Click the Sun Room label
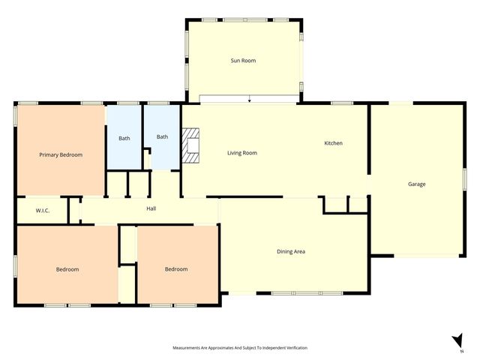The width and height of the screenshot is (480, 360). [243, 60]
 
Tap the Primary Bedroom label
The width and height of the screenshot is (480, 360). [61, 154]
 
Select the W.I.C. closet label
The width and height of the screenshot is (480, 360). [43, 211]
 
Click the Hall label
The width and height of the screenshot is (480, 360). [151, 208]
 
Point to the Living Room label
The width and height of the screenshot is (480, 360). [242, 152]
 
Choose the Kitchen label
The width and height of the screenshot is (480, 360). [333, 143]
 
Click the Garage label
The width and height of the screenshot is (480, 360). [417, 184]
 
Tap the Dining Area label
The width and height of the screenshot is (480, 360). [291, 251]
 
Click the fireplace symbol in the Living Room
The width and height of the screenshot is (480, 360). [193, 145]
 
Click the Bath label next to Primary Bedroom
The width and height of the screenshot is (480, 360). [124, 138]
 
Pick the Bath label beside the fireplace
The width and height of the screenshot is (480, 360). [162, 136]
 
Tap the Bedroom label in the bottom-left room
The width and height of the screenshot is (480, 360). [67, 268]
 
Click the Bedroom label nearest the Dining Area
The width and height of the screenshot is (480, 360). [176, 268]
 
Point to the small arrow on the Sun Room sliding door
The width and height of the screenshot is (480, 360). [249, 99]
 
